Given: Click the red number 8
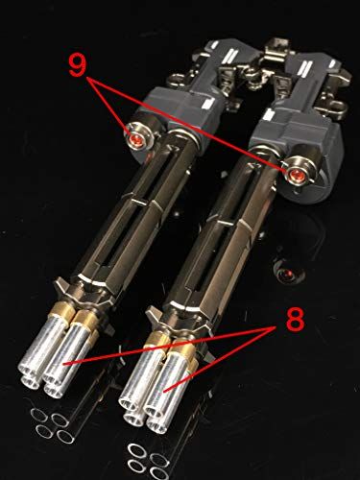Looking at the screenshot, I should pyautogui.click(x=298, y=318).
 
